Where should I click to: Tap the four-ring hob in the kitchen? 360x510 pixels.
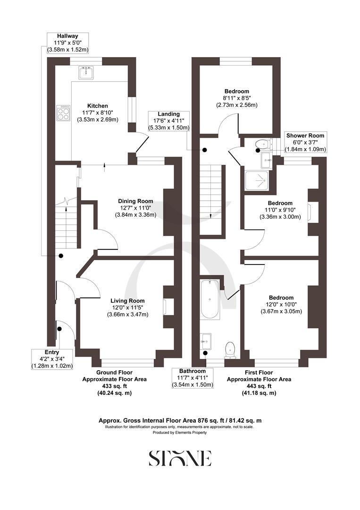click(x=63, y=112)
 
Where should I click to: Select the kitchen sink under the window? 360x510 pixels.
click(x=86, y=71)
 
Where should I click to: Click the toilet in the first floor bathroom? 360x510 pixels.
click(x=230, y=349)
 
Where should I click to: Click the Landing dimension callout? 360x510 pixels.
click(x=168, y=121)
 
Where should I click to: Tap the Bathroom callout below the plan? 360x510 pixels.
click(x=192, y=378)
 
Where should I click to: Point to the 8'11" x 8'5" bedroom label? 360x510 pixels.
click(x=236, y=98)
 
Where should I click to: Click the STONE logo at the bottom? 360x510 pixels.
click(x=180, y=458)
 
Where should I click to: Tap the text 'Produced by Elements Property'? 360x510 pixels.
click(x=180, y=432)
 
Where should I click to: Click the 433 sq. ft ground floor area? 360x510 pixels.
click(x=114, y=386)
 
